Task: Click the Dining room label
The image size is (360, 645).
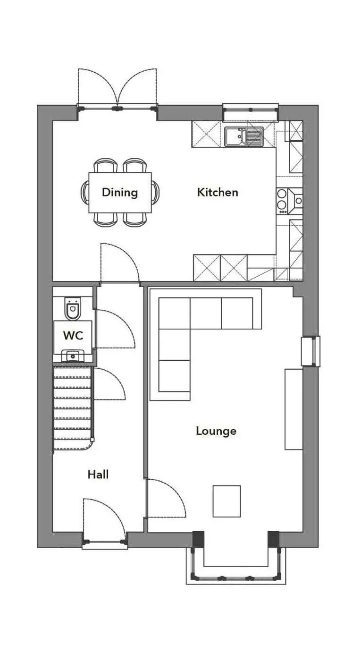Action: point(120,192)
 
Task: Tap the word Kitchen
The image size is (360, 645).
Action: point(218,192)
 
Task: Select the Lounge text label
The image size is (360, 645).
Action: point(216,431)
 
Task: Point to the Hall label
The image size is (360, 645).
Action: point(98,475)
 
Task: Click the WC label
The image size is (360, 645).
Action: point(73,335)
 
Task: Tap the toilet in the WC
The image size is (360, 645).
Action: point(73,308)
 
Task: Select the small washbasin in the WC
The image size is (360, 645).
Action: point(73,356)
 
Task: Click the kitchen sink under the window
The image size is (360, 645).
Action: point(244,136)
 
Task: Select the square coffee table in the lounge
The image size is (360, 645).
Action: point(227,501)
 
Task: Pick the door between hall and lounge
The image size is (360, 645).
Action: point(166,498)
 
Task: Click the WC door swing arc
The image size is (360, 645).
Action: point(115,329)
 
